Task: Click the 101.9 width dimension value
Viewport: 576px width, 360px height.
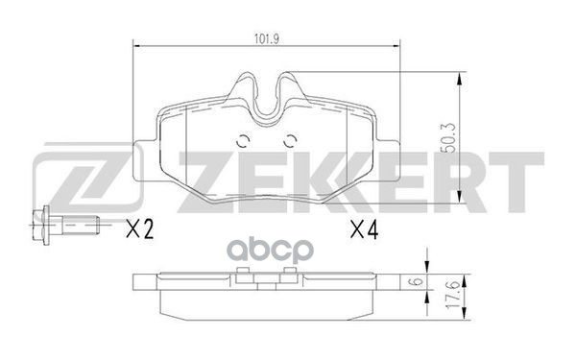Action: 267,39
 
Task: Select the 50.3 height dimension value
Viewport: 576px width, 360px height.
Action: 450,138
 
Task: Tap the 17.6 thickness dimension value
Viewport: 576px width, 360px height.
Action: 453,295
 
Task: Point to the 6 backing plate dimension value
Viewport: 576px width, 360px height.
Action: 417,282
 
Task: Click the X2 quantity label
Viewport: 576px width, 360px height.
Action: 139,229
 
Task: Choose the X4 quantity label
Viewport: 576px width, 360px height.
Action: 364,229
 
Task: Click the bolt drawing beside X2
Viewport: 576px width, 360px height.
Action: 66,225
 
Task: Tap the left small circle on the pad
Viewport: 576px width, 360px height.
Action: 243,141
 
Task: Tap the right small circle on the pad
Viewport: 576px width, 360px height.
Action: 291,141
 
